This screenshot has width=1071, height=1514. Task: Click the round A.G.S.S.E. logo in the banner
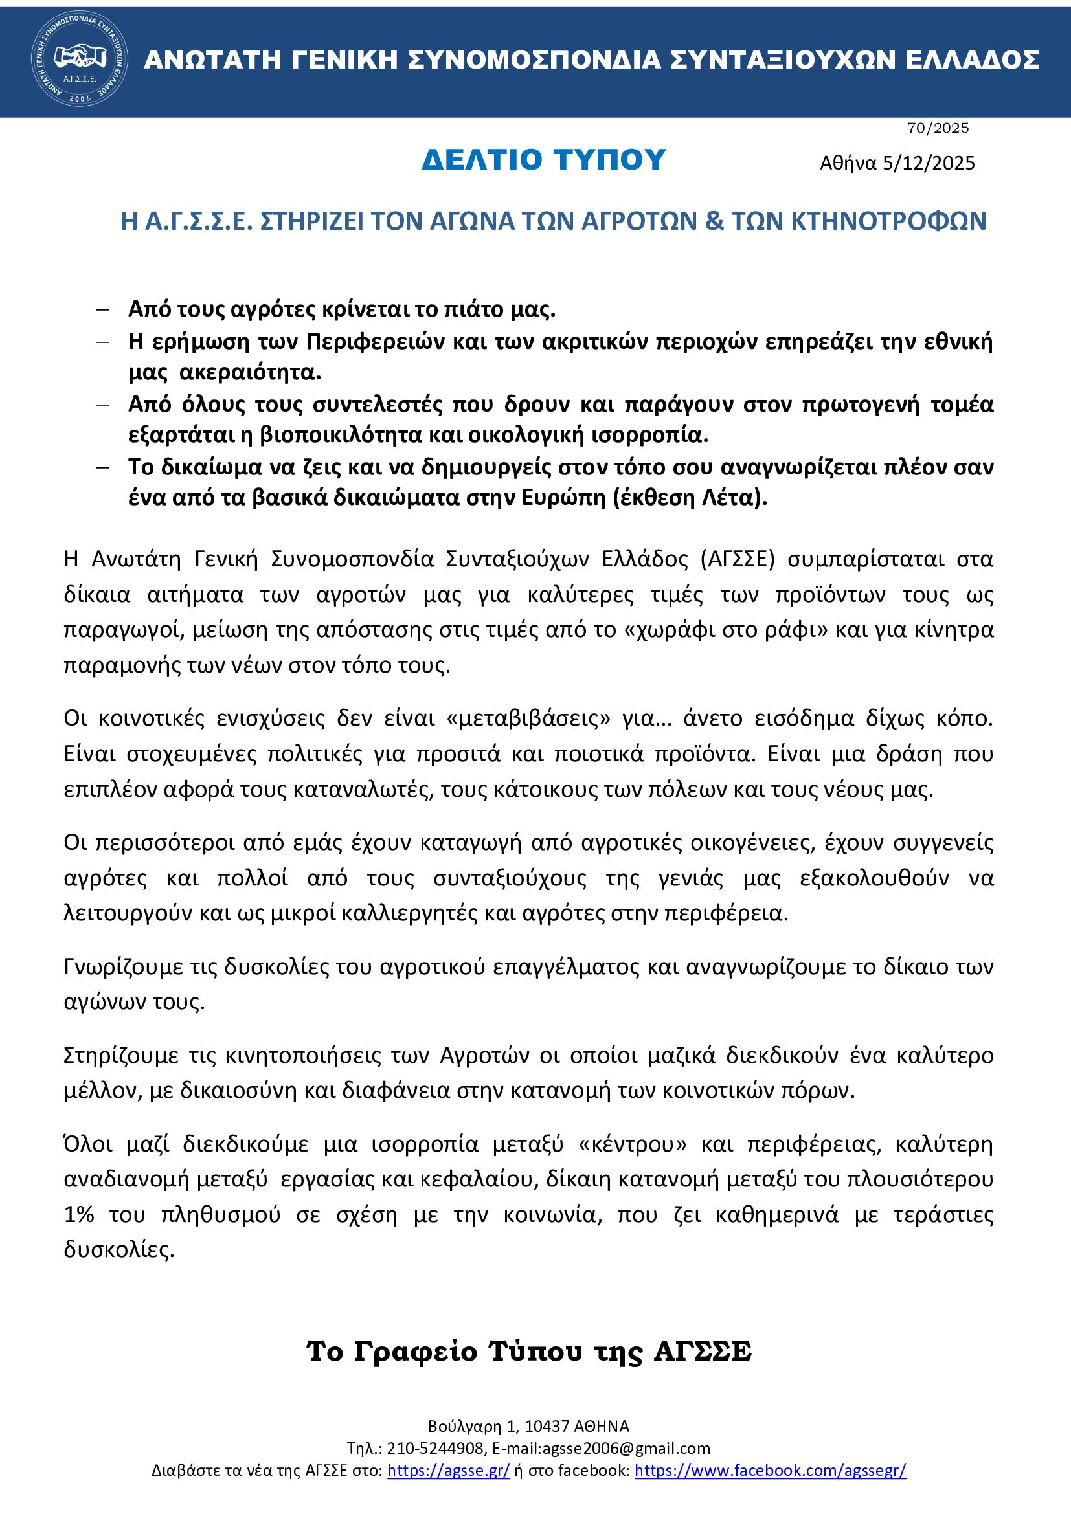(80, 60)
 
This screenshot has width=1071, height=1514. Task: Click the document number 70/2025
(938, 128)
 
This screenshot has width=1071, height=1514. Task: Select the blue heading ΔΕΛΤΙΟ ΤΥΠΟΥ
(544, 160)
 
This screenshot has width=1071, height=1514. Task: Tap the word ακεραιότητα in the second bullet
(250, 372)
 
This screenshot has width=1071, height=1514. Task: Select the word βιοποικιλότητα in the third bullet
(341, 435)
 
